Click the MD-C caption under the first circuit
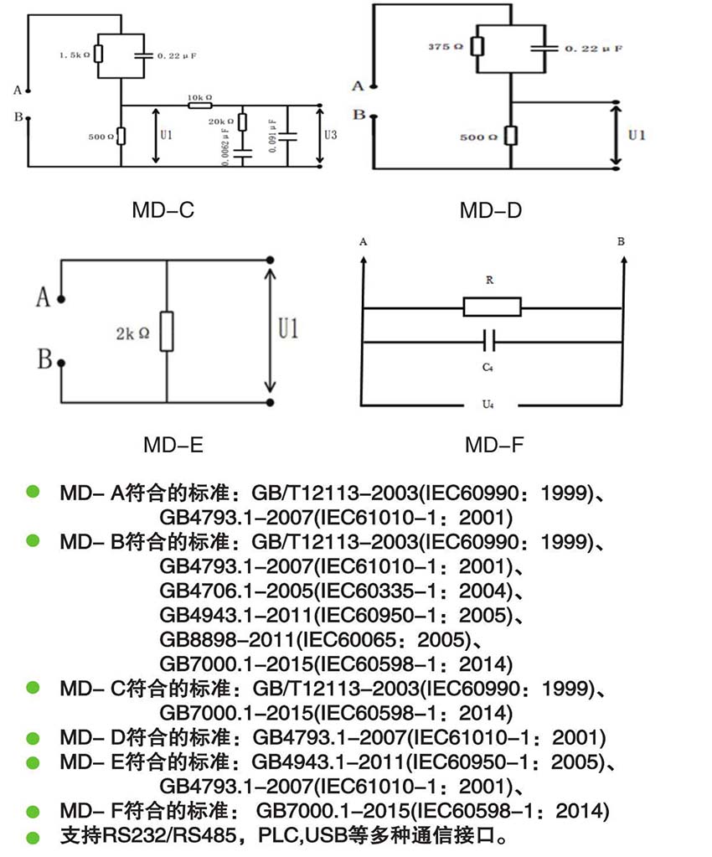tap(163, 210)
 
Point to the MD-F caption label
tap(494, 444)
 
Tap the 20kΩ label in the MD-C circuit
tap(222, 122)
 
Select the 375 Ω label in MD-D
tap(446, 47)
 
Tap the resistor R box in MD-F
tap(492, 307)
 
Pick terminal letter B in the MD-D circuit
tap(359, 116)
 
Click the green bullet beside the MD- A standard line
tap(33, 492)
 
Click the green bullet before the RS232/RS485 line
tap(33, 836)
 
